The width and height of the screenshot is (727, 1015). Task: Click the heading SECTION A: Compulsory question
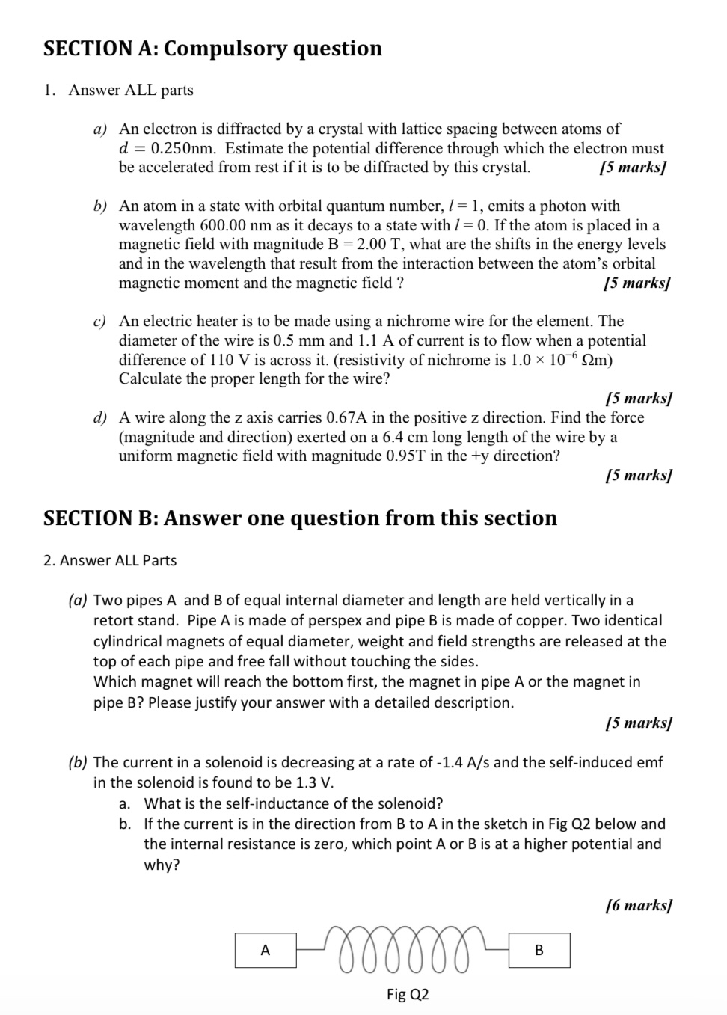(212, 49)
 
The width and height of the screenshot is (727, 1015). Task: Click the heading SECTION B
(299, 518)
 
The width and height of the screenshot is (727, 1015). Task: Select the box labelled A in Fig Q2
(265, 950)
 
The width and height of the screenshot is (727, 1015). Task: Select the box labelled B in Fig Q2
(539, 950)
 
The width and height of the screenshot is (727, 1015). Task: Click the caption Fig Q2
(408, 994)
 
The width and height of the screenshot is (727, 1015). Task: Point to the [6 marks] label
(638, 905)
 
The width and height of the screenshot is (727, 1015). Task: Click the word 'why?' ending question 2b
(162, 865)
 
